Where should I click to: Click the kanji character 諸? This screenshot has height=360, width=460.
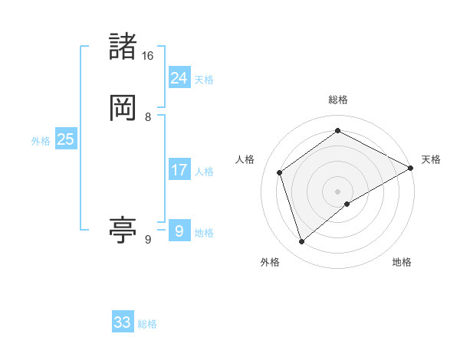[x=123, y=47]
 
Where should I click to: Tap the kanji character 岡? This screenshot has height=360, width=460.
[x=123, y=107]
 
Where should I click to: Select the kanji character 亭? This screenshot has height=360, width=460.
[x=123, y=230]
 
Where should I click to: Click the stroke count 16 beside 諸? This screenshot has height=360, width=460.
[x=147, y=56]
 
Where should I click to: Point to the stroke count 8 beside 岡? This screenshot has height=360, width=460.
[x=148, y=117]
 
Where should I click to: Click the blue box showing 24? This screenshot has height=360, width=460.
[x=179, y=77]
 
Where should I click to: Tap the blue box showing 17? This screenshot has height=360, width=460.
[x=179, y=170]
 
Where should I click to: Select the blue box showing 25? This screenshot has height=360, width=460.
[x=65, y=139]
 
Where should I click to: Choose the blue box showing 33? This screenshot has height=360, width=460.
[x=123, y=322]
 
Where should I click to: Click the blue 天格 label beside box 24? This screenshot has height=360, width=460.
[x=204, y=80]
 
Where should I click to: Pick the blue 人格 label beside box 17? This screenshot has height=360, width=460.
[x=204, y=172]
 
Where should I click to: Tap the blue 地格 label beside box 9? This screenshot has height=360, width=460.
[x=204, y=233]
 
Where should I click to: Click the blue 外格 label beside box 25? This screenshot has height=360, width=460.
[x=41, y=141]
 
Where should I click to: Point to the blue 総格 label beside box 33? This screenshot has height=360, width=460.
[x=147, y=325]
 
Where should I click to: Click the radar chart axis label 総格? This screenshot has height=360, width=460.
[x=338, y=100]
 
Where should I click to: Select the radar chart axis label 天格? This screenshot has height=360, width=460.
[x=431, y=159]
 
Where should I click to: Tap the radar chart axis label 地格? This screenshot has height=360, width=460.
[x=402, y=262]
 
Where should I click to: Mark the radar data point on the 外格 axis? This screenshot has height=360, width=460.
[x=301, y=242]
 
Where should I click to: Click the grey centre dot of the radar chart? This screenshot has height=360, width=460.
[x=338, y=191]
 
